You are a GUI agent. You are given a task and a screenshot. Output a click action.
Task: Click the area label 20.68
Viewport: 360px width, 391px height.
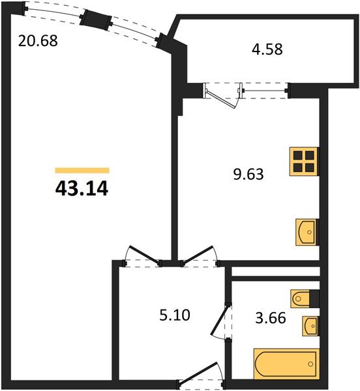coord(38,40)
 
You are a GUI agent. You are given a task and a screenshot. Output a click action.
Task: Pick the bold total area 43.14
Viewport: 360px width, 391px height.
coord(82,189)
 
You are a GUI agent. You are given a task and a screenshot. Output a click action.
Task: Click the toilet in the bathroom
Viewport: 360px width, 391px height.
coord(305,298)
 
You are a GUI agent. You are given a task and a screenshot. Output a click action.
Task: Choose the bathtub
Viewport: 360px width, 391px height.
coord(286,363)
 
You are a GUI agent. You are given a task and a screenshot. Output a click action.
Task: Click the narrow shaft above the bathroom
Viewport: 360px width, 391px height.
coord(275,270)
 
